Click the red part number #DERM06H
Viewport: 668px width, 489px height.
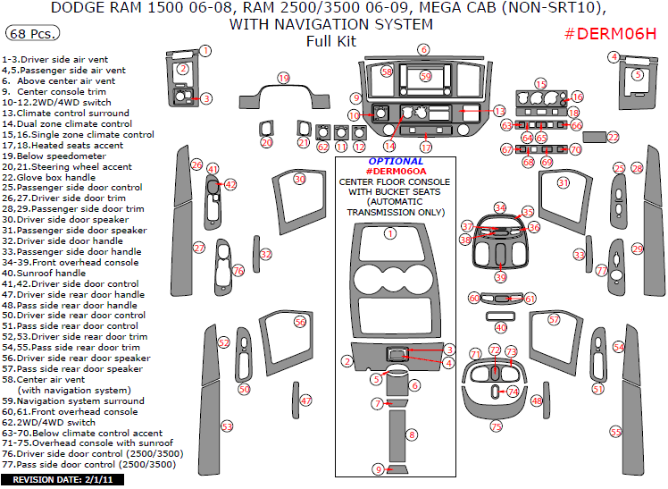click(610, 34)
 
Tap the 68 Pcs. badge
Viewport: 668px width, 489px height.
click(32, 33)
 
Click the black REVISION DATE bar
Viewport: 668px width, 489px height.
click(63, 480)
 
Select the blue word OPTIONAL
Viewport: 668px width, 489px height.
click(396, 161)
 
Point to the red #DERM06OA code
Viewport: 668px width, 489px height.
click(396, 172)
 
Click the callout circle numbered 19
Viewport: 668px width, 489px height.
click(284, 78)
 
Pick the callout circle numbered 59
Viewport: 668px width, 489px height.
click(426, 76)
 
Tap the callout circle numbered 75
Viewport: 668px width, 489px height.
click(497, 426)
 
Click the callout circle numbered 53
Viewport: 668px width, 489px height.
click(227, 426)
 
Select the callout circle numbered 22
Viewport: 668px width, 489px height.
click(613, 138)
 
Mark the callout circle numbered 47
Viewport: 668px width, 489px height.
click(306, 400)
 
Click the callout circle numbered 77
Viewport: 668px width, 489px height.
click(602, 270)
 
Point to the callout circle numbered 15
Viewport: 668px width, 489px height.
click(540, 84)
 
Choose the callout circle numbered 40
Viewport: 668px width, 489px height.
click(501, 327)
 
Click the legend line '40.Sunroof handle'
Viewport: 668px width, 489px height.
click(44, 273)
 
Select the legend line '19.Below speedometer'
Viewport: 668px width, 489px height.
click(54, 156)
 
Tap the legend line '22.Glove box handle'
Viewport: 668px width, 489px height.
click(48, 177)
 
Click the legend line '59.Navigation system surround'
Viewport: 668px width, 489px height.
click(73, 400)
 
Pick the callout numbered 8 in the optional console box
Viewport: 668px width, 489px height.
click(412, 434)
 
